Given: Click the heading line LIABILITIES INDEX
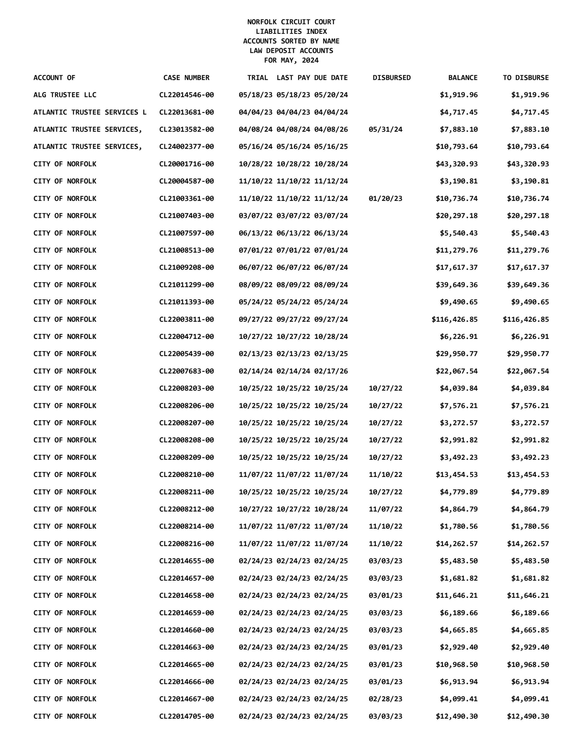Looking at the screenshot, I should click(291, 32).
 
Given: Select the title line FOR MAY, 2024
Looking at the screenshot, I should click(291, 60).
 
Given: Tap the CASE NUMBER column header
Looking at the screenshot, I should click(186, 78).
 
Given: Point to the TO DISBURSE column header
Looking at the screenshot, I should click(525, 78).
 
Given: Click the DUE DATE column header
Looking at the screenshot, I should click(331, 78).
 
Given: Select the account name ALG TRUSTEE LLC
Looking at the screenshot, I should click(65, 95).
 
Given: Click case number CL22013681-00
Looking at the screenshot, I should click(186, 112).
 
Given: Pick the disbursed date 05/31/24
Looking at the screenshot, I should click(385, 129).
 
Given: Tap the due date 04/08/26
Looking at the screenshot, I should click(331, 129).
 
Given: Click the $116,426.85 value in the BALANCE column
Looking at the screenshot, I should click(454, 319).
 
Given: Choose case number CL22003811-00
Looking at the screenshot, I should click(186, 319).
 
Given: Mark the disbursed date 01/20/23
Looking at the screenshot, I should click(385, 198).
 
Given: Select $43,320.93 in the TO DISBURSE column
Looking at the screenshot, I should click(528, 164).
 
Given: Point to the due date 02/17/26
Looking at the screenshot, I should click(331, 371).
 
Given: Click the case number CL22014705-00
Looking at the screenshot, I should click(186, 716).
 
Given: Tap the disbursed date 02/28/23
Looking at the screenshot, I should click(385, 699).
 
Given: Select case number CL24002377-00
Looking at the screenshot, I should click(186, 147).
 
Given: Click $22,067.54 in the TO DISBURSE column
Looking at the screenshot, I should click(528, 371).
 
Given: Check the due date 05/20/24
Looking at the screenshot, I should click(331, 95).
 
